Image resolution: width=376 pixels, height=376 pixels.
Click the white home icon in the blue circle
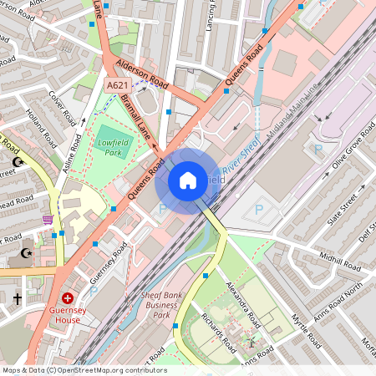188,180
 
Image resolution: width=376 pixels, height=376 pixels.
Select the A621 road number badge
117,84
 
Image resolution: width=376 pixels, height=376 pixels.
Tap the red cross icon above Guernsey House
67,297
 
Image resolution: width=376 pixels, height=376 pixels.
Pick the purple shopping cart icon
48,220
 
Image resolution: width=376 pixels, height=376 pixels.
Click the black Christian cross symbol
17,297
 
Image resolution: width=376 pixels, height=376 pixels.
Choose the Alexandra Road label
245,305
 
